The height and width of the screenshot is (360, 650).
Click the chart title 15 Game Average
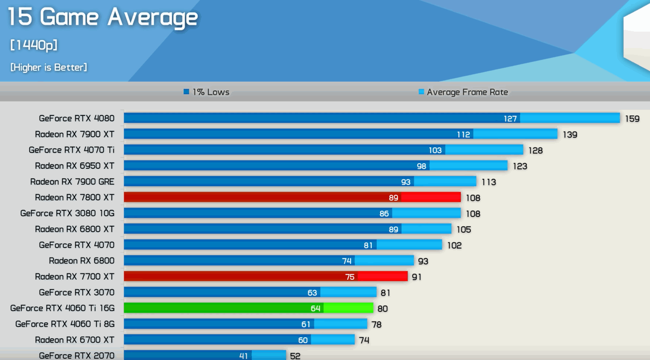pos(102,17)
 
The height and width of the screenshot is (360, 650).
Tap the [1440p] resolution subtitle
pos(34,45)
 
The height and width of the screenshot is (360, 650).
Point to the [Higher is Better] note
pos(49,67)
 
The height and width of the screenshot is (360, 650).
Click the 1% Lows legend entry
pos(206,92)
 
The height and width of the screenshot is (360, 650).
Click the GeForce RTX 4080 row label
pos(77,118)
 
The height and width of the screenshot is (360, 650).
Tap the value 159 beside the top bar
pos(632,119)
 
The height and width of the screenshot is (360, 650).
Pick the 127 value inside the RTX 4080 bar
pos(510,118)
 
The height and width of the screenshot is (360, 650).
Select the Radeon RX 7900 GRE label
pos(72,182)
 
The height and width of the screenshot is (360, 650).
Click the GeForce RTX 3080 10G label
pos(67,213)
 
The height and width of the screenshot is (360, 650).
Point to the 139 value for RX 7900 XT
pos(570,135)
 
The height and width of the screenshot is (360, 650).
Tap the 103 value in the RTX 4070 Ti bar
pos(435,150)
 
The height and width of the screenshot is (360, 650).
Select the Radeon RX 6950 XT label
pos(75,166)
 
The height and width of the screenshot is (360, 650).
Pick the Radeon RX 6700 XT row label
pos(75,340)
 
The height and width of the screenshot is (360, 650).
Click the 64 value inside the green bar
pos(316,309)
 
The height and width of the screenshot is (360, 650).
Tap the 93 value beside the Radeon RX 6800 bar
pos(423,261)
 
